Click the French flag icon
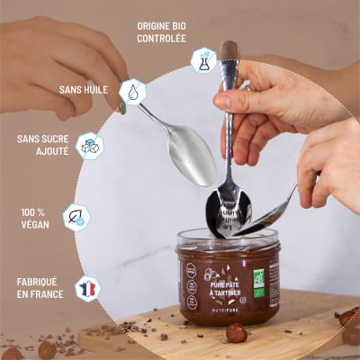pyautogui.click(x=87, y=288)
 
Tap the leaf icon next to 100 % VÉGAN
pyautogui.click(x=76, y=217)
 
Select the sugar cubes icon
pyautogui.click(x=89, y=146)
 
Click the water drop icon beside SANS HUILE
pyautogui.click(x=133, y=91)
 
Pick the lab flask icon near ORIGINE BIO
pyautogui.click(x=203, y=60)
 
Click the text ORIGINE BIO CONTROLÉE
pyautogui.click(x=161, y=32)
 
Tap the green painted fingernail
pyautogui.click(x=122, y=107)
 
